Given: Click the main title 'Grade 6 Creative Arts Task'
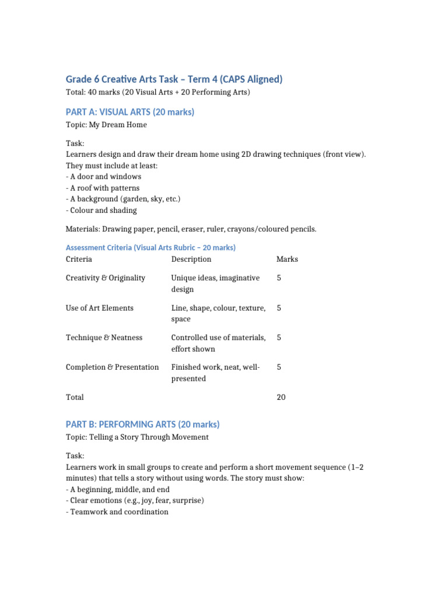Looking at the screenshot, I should coord(174,79).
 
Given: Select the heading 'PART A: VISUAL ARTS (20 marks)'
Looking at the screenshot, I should coord(130,111).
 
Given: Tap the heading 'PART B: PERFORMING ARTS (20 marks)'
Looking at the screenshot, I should coord(142,424).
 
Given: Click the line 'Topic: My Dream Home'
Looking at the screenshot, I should coord(106,125).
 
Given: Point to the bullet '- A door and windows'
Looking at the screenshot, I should coord(103,177).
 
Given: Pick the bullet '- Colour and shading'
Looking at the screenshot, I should coord(101,210).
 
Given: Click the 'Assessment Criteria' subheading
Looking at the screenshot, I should coord(150,247).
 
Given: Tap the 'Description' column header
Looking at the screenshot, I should coord(191,259).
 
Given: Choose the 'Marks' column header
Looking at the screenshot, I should coord(287,259).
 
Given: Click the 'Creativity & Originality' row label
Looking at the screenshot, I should coord(106,278).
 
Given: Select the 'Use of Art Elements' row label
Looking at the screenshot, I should coord(100,308).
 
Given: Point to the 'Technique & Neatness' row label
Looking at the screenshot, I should coord(104,338).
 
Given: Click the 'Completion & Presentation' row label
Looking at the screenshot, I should coord(113,367).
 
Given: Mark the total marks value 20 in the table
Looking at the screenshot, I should coord(281,397).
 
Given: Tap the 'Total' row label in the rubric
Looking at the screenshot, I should coord(75,397).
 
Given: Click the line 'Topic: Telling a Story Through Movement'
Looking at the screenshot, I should coord(137,437).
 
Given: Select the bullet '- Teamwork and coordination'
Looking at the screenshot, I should coord(117,512).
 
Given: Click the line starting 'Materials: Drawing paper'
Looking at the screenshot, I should coord(191,229).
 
